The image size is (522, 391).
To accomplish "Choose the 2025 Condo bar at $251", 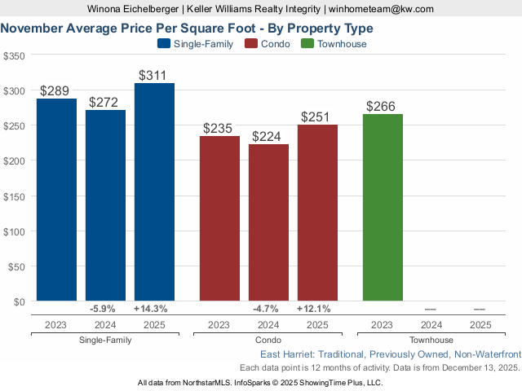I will (x=317, y=213).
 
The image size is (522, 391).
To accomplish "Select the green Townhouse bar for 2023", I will (x=383, y=208).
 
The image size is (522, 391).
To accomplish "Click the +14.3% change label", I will (x=154, y=310).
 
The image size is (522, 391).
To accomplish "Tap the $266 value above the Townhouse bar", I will (x=383, y=106).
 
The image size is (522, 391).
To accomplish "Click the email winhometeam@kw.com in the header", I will (x=381, y=9).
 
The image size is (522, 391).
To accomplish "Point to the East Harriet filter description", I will (x=390, y=355).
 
